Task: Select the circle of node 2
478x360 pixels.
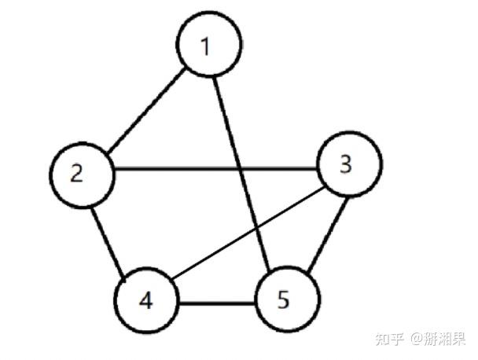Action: click(79, 173)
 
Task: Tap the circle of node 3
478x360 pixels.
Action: click(349, 165)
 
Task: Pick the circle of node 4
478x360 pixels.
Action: click(145, 302)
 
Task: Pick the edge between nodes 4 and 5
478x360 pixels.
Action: click(216, 303)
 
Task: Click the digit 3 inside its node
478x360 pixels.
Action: click(347, 165)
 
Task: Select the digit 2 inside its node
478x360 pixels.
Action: click(76, 173)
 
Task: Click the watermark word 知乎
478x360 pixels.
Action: click(391, 339)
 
